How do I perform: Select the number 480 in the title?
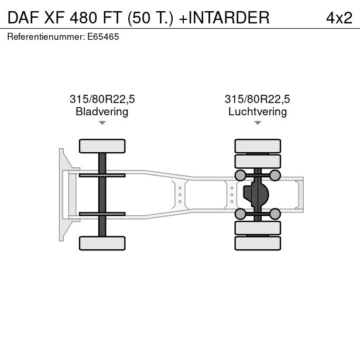83,18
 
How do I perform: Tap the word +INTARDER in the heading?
224,18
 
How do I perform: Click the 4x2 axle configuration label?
339,18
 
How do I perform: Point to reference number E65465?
103,37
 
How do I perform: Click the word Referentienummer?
46,37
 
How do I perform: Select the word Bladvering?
102,112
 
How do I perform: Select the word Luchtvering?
258,112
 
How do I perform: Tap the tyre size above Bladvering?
102,99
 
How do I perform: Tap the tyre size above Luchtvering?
258,99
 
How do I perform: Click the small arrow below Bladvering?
102,123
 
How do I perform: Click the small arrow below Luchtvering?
258,123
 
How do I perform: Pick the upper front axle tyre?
102,146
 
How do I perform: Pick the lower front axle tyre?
102,243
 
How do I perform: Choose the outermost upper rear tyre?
258,146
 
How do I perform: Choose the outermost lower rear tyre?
258,243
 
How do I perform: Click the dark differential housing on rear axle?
256,194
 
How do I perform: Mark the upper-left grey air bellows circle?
241,176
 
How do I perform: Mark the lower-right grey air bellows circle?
275,214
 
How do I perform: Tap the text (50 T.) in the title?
150,18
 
